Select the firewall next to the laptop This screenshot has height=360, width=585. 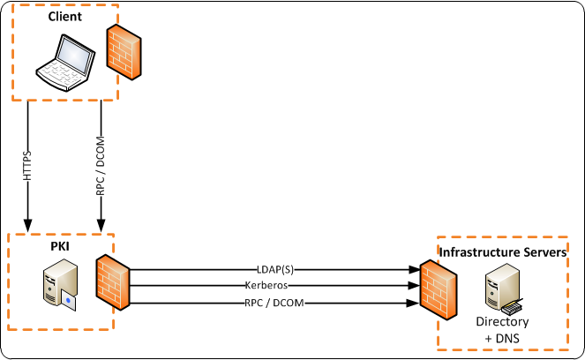pyautogui.click(x=124, y=52)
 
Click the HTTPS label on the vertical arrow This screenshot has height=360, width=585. pyautogui.click(x=27, y=164)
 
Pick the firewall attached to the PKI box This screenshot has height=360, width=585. pyautogui.click(x=112, y=285)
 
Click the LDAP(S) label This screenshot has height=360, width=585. pyautogui.click(x=275, y=268)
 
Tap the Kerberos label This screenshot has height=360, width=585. pyautogui.click(x=275, y=285)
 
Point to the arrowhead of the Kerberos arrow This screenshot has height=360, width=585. pyautogui.click(x=412, y=285)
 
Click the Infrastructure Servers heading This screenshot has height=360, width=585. pyautogui.click(x=502, y=253)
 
